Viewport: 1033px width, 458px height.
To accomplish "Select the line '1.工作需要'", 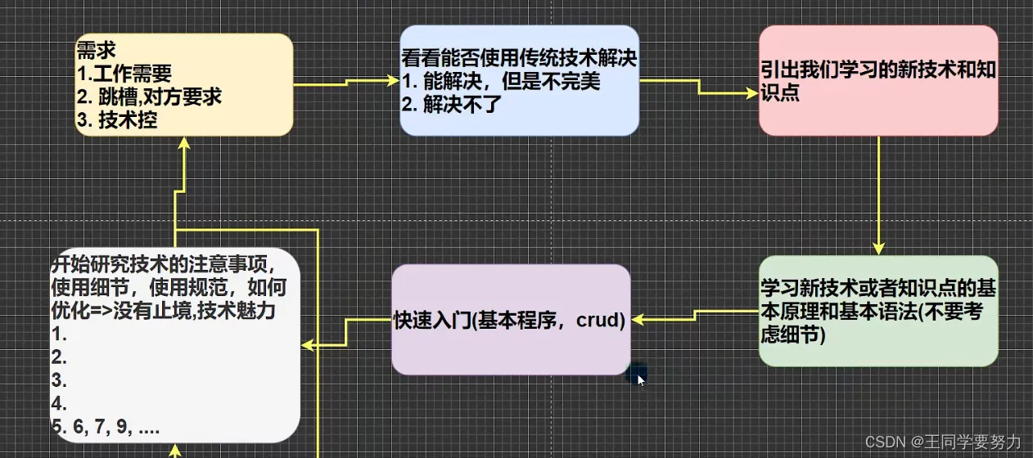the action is coord(124,74).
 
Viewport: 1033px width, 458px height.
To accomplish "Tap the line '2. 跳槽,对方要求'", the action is coord(149,97).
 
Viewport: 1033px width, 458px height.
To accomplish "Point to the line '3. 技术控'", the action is coord(117,119).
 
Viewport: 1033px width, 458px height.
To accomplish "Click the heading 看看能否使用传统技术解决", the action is coord(519,59).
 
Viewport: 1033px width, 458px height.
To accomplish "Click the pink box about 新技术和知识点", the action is coord(877,80).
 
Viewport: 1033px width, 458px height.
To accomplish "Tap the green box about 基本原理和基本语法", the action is coord(877,311).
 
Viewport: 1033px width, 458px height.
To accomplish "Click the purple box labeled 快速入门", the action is coord(511,320).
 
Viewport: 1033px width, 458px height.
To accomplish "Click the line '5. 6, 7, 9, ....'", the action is coord(106,427).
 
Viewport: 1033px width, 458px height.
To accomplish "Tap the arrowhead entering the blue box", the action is coord(393,80).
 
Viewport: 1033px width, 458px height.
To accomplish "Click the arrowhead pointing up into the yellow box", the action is coord(184,143).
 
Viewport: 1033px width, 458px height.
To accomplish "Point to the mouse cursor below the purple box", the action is coord(641,379).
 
